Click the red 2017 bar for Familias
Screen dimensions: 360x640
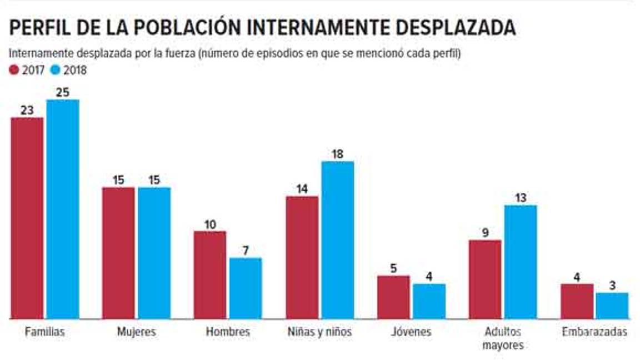pyautogui.click(x=27, y=218)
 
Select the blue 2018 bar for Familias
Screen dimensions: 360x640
pyautogui.click(x=63, y=209)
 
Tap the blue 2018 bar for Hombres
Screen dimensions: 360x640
pyautogui.click(x=246, y=288)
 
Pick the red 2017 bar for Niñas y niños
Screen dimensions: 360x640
pyautogui.click(x=302, y=257)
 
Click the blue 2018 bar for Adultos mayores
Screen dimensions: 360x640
pyautogui.click(x=521, y=262)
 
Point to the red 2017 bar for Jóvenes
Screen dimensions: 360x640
pyautogui.click(x=394, y=297)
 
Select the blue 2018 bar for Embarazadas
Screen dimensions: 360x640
pyautogui.click(x=612, y=306)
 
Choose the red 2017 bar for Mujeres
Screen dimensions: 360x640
pyautogui.click(x=118, y=253)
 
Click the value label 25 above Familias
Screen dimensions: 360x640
pyautogui.click(x=63, y=92)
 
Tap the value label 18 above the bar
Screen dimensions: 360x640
pyautogui.click(x=337, y=154)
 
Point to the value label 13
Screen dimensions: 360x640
pyautogui.click(x=521, y=198)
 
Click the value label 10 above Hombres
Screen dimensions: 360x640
pyautogui.click(x=209, y=224)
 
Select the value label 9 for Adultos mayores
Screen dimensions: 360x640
pyautogui.click(x=485, y=233)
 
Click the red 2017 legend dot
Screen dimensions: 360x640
pyautogui.click(x=14, y=71)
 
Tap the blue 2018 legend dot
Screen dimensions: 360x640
pyautogui.click(x=55, y=71)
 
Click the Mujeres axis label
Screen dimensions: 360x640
pyautogui.click(x=136, y=332)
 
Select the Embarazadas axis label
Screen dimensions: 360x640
pyautogui.click(x=594, y=332)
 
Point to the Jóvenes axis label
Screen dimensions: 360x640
pyautogui.click(x=411, y=332)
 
